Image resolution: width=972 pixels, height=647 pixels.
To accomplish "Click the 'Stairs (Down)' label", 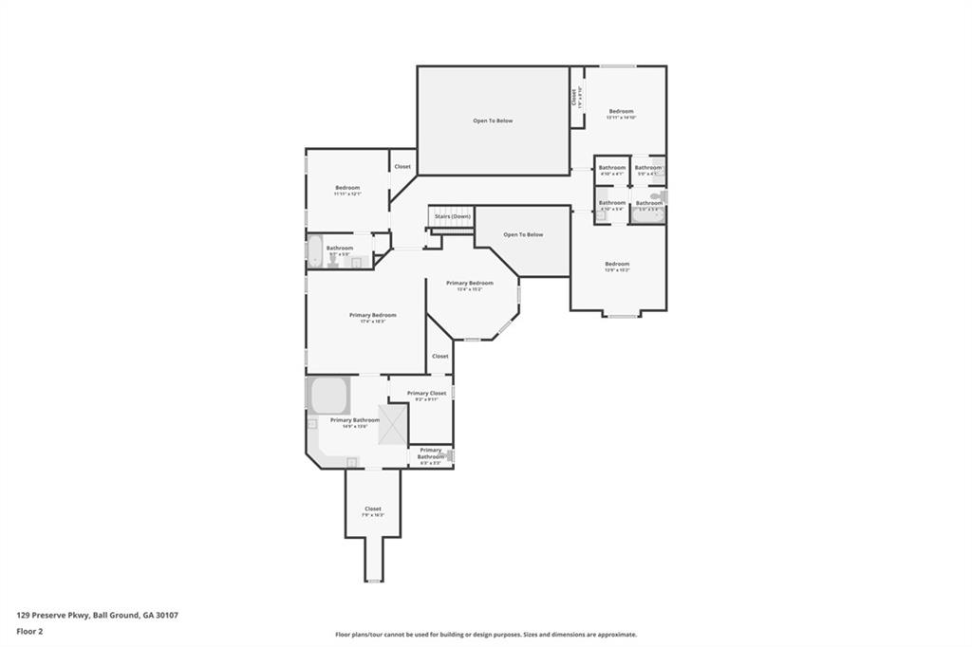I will [452, 216].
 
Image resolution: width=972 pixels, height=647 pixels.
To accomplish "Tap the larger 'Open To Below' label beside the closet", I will [493, 120].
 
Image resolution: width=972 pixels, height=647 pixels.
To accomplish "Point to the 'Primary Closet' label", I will [426, 393].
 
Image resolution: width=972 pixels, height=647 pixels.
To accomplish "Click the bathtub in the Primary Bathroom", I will [328, 393].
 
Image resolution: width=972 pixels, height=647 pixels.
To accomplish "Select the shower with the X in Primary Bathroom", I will [393, 425].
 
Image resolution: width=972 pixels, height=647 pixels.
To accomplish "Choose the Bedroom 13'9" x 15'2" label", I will [618, 266].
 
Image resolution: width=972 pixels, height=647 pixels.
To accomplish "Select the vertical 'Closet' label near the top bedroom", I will [575, 97].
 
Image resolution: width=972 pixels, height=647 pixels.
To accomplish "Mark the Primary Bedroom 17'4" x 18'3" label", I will [372, 317].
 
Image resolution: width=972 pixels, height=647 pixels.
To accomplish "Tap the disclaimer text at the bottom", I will [485, 635].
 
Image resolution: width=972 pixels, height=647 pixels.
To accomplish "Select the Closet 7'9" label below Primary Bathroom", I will [373, 510].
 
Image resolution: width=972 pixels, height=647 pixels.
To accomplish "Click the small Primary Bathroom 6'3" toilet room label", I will [430, 455].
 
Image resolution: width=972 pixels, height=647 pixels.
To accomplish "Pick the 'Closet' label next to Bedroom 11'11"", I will [402, 166].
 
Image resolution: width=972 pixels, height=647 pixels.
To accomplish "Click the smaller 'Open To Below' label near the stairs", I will [523, 234].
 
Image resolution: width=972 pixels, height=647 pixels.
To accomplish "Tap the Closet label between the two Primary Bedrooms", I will [439, 356].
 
